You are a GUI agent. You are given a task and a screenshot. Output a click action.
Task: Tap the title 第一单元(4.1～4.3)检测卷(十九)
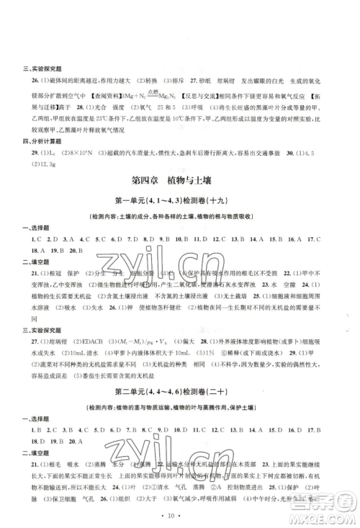pyautogui.click(x=179, y=200)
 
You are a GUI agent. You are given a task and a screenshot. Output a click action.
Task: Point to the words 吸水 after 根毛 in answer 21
pyautogui.click(x=63, y=452)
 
